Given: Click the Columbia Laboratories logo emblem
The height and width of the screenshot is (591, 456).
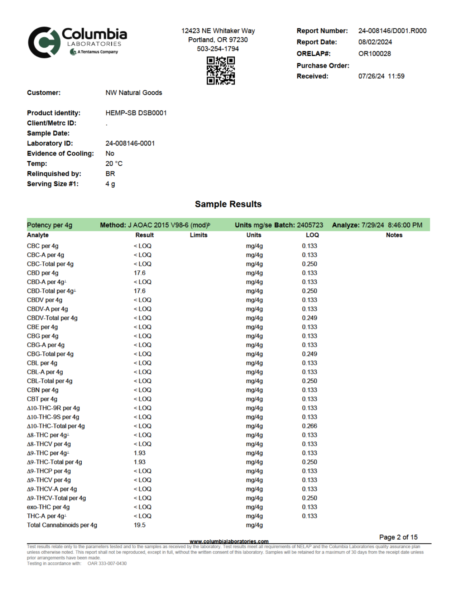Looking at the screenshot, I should click(x=44, y=42).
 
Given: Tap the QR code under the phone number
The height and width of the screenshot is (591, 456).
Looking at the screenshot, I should click(x=221, y=71).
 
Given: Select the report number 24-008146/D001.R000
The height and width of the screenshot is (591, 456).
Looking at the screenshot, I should click(x=392, y=31).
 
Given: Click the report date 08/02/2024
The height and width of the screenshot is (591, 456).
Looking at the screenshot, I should click(x=375, y=42).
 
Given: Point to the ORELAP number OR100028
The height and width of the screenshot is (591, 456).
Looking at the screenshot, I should click(x=374, y=53).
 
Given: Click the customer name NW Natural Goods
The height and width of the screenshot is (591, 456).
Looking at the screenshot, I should click(x=134, y=93).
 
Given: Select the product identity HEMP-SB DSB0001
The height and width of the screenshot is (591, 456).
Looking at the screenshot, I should click(x=136, y=113).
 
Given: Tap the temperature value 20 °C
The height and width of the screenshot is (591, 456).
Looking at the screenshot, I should click(x=114, y=164).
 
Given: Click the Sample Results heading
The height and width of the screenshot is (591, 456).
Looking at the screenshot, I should click(x=228, y=204).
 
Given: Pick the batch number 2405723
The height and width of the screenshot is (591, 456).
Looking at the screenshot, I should click(x=310, y=225).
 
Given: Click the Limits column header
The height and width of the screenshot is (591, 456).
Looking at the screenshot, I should click(x=198, y=235).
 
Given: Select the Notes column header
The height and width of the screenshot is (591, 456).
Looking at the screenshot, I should click(x=394, y=235).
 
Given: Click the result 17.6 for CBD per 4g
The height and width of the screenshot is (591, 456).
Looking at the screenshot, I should click(x=140, y=273).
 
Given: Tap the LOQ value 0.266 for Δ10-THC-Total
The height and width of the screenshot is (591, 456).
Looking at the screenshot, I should click(x=309, y=426).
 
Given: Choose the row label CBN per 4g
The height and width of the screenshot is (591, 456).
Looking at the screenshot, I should click(x=43, y=390).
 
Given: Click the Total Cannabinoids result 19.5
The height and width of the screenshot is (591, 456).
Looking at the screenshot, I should click(x=140, y=525).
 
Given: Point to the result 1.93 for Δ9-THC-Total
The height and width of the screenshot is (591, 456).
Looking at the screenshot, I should click(x=140, y=462).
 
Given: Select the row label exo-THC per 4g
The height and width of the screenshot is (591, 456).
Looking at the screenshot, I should click(x=48, y=507).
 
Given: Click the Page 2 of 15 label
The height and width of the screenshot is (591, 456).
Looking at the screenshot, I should click(x=398, y=537).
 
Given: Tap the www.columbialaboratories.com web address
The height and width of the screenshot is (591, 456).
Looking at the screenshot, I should click(x=229, y=541).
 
